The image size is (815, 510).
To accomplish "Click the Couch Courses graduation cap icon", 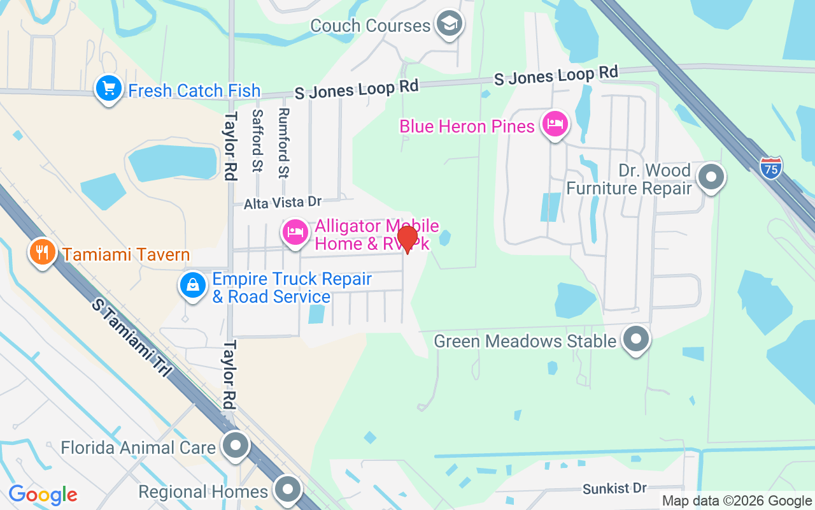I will [x=450, y=24].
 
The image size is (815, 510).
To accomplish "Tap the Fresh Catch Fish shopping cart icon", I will [x=109, y=88].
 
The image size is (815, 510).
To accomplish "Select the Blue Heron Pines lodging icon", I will [x=555, y=124].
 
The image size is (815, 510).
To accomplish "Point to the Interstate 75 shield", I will [x=770, y=168].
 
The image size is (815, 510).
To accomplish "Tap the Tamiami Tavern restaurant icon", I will [x=42, y=252].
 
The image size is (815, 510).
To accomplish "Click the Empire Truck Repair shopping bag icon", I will [x=192, y=285].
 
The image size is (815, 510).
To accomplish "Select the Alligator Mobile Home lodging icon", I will [x=295, y=232].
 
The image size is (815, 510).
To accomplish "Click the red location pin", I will [x=407, y=238].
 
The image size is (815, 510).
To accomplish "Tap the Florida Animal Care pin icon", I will [x=236, y=444].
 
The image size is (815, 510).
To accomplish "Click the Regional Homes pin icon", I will [x=287, y=489].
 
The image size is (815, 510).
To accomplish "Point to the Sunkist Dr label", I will [x=614, y=488].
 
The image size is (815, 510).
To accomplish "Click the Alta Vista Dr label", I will [x=283, y=203].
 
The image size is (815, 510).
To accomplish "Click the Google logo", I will [x=43, y=495].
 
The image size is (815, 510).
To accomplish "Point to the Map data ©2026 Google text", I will [x=737, y=501].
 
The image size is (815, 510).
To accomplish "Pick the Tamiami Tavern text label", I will [x=126, y=255].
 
